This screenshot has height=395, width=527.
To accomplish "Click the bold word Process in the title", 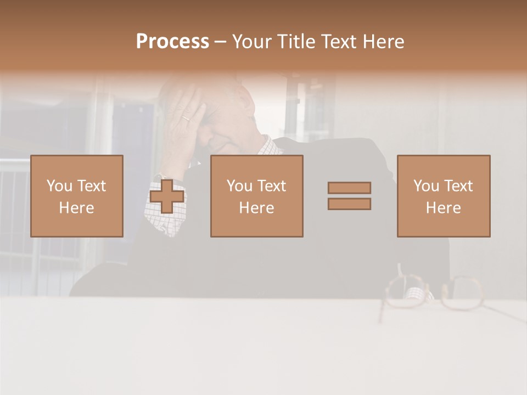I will (172, 42).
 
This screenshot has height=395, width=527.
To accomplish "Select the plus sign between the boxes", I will (167, 196).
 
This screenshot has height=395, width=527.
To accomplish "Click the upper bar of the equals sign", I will (349, 188).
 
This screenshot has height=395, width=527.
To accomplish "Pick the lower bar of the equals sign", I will (349, 204).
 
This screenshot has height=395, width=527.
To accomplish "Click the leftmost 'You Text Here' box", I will (77, 196).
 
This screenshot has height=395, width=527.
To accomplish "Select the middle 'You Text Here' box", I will (256, 196).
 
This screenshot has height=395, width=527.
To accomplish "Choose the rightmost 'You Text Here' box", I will (443, 196).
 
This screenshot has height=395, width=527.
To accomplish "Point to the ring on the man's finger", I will (187, 117).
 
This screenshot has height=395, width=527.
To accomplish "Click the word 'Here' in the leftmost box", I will (76, 208).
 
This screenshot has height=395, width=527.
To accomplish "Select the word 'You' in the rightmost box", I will (426, 186).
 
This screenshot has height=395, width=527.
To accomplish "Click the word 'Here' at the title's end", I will (383, 42).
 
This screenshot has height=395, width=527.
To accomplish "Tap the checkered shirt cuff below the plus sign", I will (165, 219).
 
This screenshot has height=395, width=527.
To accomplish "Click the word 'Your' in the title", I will (251, 42).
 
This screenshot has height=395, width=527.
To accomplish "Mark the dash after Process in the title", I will (220, 42).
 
